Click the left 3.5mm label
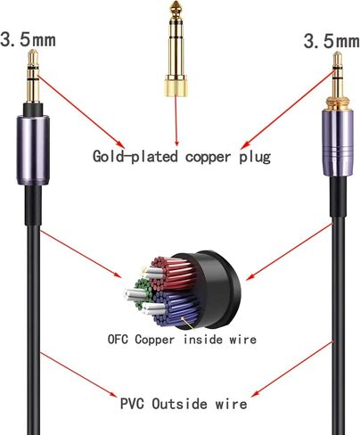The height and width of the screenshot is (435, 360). pyautogui.click(x=29, y=40)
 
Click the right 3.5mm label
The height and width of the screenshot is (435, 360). pyautogui.click(x=331, y=41)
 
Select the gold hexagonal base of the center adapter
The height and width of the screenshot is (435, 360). pyautogui.click(x=176, y=86)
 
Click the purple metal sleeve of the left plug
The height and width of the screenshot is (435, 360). pyautogui.click(x=33, y=151)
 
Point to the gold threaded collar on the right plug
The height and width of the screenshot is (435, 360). pyautogui.click(x=338, y=103)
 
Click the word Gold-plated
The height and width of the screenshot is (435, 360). pyautogui.click(x=135, y=156)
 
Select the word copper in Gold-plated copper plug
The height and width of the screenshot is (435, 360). pyautogui.click(x=208, y=158)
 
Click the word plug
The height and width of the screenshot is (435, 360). pyautogui.click(x=255, y=157)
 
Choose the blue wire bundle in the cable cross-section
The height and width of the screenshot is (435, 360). pyautogui.click(x=176, y=308)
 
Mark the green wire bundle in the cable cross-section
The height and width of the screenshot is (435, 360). pyautogui.click(x=143, y=295)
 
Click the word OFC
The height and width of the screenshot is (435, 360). pyautogui.click(x=118, y=339)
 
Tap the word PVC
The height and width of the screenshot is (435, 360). pyautogui.click(x=132, y=404)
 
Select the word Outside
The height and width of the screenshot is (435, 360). pyautogui.click(x=179, y=404)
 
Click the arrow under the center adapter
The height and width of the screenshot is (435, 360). pyautogui.click(x=176, y=120)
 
